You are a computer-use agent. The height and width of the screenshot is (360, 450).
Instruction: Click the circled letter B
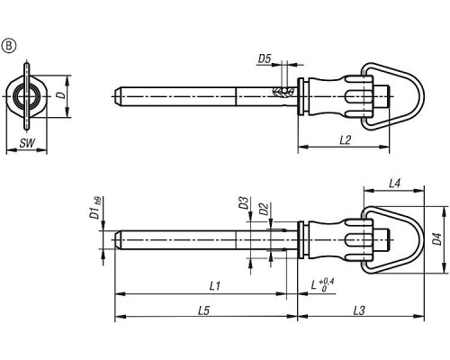[x=9, y=46]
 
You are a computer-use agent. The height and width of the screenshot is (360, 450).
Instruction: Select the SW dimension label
[x=27, y=143]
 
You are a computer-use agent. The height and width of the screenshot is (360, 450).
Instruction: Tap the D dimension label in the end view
[x=61, y=95]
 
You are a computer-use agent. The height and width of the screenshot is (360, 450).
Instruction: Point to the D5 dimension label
[x=265, y=58]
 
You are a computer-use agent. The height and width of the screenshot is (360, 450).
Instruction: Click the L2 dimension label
[x=346, y=139]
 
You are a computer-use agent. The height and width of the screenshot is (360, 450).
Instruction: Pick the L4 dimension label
[x=395, y=184]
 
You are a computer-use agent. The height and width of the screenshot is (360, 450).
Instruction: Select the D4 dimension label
[x=437, y=239]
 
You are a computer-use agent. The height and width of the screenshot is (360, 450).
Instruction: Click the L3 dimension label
[x=359, y=310]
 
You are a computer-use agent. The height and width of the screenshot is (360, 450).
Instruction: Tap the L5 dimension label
[x=203, y=310]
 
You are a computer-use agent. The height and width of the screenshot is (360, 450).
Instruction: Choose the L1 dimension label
[x=215, y=286]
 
